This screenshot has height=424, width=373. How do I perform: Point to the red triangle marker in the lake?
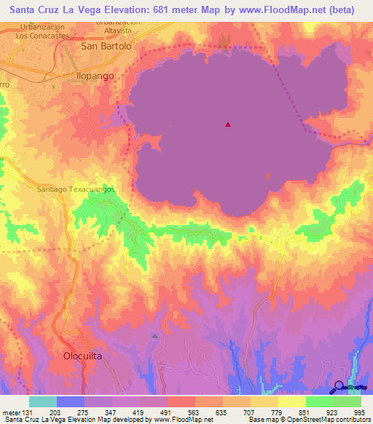coord(228,125)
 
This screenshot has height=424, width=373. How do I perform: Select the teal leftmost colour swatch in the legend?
coord(43,401)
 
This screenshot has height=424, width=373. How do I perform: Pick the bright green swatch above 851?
coord(319,401)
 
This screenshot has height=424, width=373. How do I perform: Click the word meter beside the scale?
coord(10,412)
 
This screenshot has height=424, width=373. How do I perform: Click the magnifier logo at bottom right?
coord(339,387)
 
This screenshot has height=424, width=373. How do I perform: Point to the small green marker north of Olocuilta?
coord(154,336)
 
